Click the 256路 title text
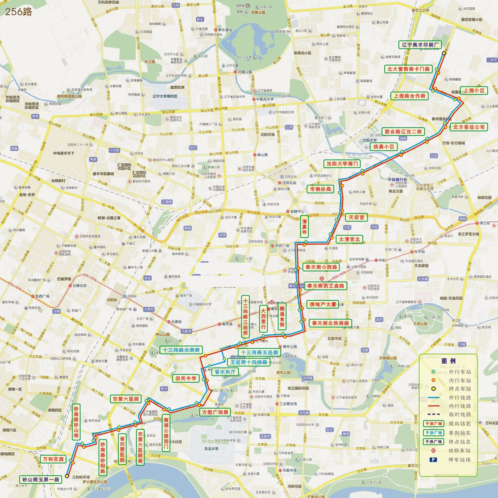(18, 12)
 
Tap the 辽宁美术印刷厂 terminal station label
(420, 45)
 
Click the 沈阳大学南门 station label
(342, 164)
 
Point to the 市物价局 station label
(320, 189)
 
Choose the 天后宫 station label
(356, 217)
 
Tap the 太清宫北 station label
(349, 239)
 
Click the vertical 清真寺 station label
(304, 226)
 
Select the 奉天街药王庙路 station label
(325, 286)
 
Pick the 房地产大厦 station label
(322, 304)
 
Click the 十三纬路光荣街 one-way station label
(181, 350)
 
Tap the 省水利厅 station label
(225, 372)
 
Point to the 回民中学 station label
(185, 378)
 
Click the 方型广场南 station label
(215, 412)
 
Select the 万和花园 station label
(53, 459)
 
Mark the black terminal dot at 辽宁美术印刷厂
(444, 53)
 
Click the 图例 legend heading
(448, 361)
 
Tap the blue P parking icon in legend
(433, 460)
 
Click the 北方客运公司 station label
(469, 127)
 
